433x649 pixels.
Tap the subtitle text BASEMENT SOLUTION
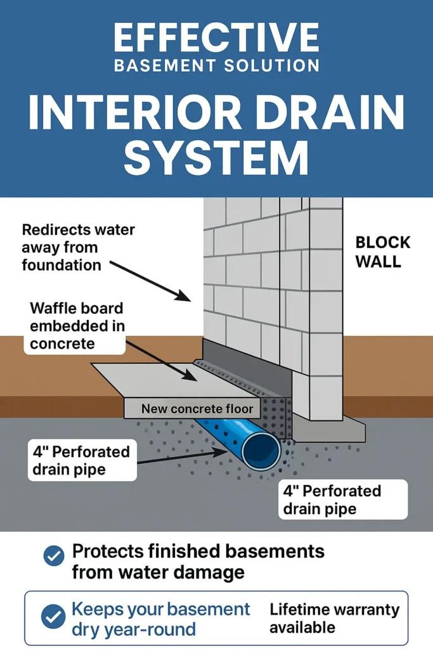tap(216, 65)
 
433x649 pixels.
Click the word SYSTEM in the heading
tap(216, 159)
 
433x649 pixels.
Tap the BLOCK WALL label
tap(382, 252)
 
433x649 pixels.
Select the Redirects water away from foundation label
tap(78, 247)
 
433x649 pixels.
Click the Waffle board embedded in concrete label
tap(77, 326)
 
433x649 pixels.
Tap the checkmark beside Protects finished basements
tap(53, 556)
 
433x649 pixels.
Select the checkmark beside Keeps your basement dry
tap(53, 615)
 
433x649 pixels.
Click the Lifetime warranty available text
tap(334, 619)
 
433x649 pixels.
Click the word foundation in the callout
tap(61, 264)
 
